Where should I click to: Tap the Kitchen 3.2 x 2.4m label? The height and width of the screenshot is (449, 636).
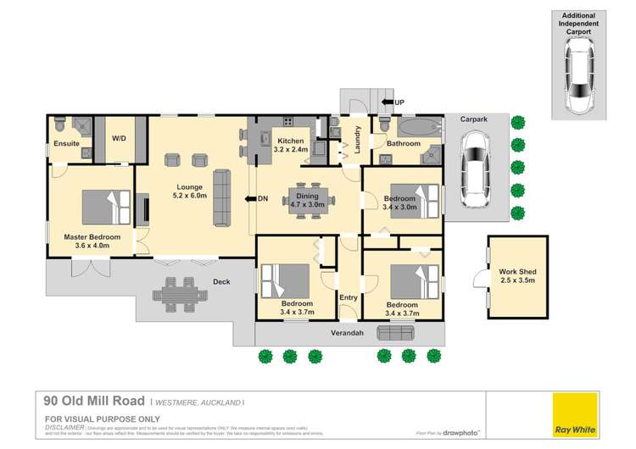(291, 145)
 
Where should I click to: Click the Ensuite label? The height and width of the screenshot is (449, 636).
(66, 144)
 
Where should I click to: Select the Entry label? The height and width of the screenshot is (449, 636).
(349, 298)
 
